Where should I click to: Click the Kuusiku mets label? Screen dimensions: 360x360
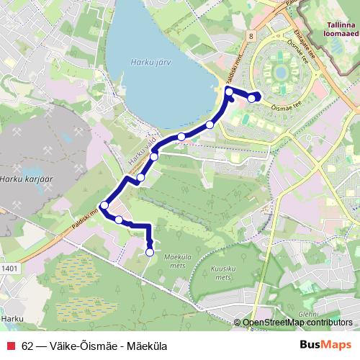224,271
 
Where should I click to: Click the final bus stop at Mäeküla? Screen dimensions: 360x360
150,252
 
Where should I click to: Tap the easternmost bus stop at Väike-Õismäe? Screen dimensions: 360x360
251,98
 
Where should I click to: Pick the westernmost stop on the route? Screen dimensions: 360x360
104,206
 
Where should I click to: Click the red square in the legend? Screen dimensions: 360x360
10,346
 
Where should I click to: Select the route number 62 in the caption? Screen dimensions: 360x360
27,346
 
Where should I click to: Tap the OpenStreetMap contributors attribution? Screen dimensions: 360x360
297,323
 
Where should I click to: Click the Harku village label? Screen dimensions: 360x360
12,318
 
